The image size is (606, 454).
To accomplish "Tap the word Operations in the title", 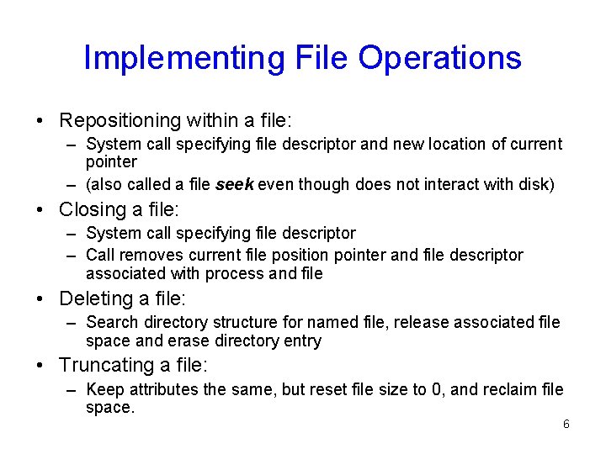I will click(439, 58).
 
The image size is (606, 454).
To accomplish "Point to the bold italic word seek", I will click(235, 184).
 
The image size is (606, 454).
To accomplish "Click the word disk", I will click(535, 184).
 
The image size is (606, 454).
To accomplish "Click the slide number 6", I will click(566, 424).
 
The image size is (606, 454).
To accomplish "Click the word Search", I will click(113, 322).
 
